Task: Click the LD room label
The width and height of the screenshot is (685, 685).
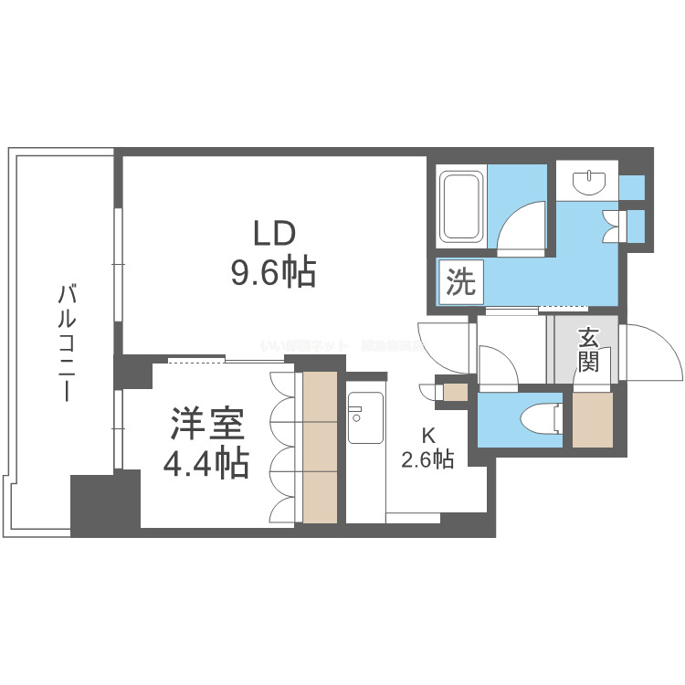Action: [273, 233]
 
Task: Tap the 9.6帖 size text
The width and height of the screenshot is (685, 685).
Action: [273, 271]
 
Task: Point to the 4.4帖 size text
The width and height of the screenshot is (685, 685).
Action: [206, 465]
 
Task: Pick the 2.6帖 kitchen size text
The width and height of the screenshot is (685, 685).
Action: [427, 459]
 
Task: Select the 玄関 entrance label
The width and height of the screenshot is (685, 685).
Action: [587, 351]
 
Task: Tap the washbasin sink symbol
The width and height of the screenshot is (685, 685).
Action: [587, 183]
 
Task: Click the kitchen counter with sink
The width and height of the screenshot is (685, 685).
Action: [365, 457]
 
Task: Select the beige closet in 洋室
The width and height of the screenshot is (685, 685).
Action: [320, 448]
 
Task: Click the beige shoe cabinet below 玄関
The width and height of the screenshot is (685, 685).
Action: [593, 419]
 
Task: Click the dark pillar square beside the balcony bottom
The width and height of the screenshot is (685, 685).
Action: [104, 503]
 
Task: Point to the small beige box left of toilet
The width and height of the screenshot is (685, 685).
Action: [454, 393]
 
